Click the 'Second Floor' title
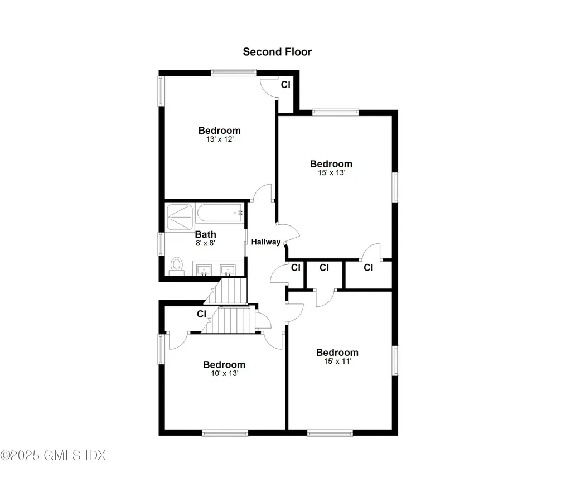click(x=277, y=52)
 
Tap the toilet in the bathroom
click(x=177, y=265)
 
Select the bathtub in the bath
click(x=219, y=213)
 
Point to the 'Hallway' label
click(x=265, y=242)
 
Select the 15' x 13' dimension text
click(x=331, y=173)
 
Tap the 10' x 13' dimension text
click(x=224, y=374)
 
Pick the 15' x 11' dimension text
click(x=337, y=362)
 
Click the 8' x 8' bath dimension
click(x=205, y=243)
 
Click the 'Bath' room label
click(x=205, y=234)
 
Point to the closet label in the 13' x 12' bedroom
click(x=285, y=85)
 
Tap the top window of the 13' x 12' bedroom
click(x=233, y=71)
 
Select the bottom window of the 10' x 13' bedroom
click(x=225, y=432)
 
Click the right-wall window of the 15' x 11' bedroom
click(x=396, y=360)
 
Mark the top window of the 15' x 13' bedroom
click(x=335, y=112)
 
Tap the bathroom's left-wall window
click(x=162, y=244)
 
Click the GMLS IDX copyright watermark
click(x=53, y=455)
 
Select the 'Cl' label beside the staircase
click(x=201, y=314)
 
